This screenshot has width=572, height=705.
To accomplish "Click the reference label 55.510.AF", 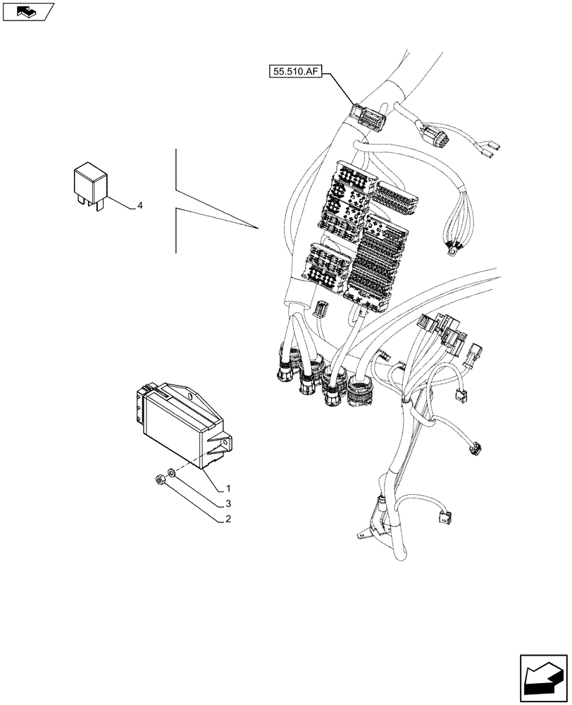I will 294,71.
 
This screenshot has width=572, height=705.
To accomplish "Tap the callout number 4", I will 139,206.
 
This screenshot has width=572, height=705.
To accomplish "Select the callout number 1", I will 228,488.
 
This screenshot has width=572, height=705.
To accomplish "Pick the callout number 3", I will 228,504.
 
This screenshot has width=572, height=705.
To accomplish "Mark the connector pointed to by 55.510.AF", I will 369,117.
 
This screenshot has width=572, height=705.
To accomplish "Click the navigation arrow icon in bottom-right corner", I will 543,678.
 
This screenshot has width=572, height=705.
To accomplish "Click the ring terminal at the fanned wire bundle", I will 451,246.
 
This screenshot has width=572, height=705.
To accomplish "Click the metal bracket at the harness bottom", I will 371,527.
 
